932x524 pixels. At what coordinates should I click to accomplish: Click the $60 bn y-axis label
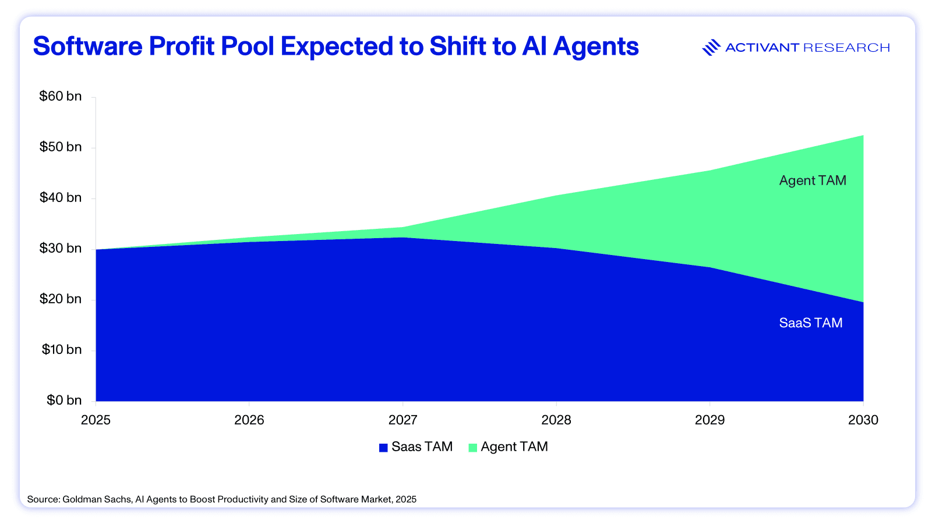[60, 97]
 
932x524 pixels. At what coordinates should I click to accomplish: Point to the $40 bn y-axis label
[60, 198]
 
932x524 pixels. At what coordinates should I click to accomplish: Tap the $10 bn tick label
[60, 350]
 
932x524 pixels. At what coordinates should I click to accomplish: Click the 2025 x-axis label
[96, 420]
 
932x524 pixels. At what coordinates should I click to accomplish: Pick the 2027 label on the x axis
[403, 420]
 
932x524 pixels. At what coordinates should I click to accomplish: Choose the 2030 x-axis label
[863, 420]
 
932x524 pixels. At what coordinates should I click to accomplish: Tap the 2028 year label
[556, 420]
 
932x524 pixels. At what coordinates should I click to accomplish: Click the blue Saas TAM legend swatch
[383, 448]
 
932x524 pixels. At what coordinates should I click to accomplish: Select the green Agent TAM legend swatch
[472, 448]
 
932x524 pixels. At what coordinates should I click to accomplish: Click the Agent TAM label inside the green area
[812, 181]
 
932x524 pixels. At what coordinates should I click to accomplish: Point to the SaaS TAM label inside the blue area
[810, 323]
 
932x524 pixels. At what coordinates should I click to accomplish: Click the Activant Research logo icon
[711, 48]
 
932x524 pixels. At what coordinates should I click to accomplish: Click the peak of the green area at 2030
[863, 136]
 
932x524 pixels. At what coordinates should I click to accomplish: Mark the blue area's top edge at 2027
[403, 238]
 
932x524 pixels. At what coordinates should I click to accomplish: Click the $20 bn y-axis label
[60, 299]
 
